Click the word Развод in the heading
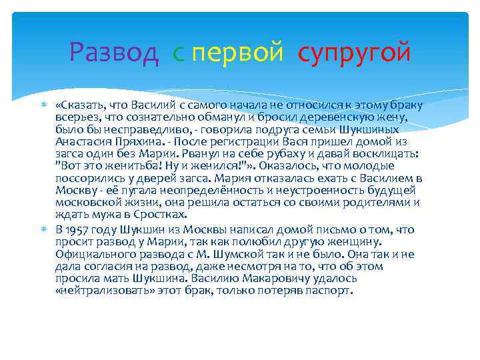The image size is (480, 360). pyautogui.click(x=114, y=51)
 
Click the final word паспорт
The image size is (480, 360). pyautogui.click(x=333, y=291)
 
